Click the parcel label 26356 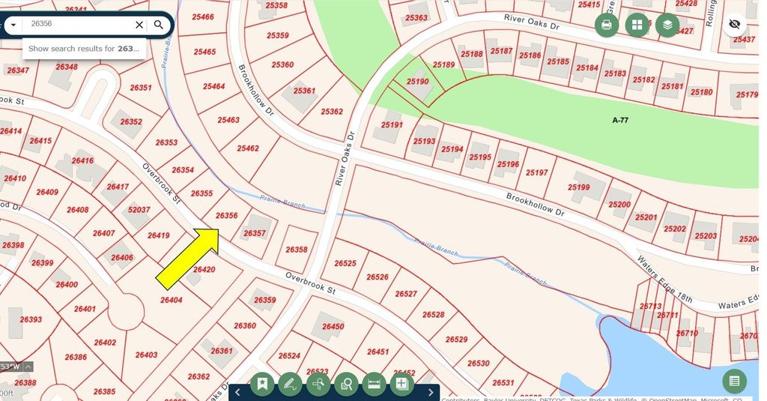(226, 215)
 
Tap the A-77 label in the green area (619, 119)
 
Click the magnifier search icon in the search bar (159, 25)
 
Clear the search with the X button (139, 25)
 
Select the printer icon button (607, 25)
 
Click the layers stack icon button (667, 25)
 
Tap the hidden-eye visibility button (734, 25)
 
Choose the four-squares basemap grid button (637, 25)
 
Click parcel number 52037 (139, 210)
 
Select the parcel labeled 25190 (417, 81)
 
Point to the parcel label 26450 (333, 326)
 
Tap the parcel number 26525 (345, 263)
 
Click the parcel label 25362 (332, 112)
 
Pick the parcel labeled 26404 (171, 300)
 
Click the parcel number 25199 (578, 187)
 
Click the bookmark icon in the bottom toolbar (262, 385)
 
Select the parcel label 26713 (650, 306)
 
